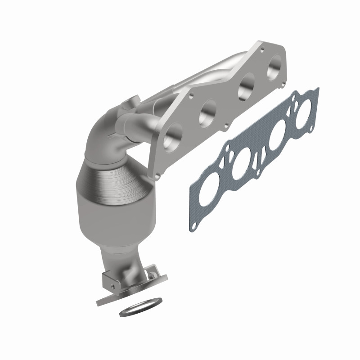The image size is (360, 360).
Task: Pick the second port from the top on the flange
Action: click(246, 88)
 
